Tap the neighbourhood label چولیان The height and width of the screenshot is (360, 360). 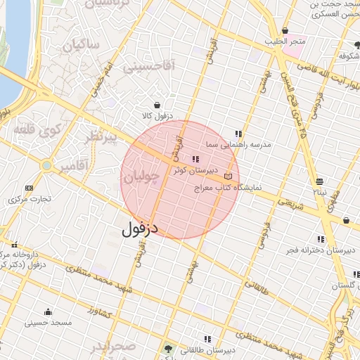138,179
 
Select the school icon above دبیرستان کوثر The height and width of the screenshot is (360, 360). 195,160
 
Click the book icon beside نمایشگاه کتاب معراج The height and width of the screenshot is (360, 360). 227,176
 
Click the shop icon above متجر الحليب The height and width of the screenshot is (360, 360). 285,31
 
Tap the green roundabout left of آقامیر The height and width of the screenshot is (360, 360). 46,166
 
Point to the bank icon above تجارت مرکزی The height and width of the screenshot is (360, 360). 29,188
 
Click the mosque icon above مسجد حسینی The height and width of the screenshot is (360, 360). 48,311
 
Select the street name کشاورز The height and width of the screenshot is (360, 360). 101,310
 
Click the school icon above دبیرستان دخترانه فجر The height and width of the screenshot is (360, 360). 321,238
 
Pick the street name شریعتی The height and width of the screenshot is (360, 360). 292,205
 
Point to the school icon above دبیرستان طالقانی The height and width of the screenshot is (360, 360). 206,339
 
